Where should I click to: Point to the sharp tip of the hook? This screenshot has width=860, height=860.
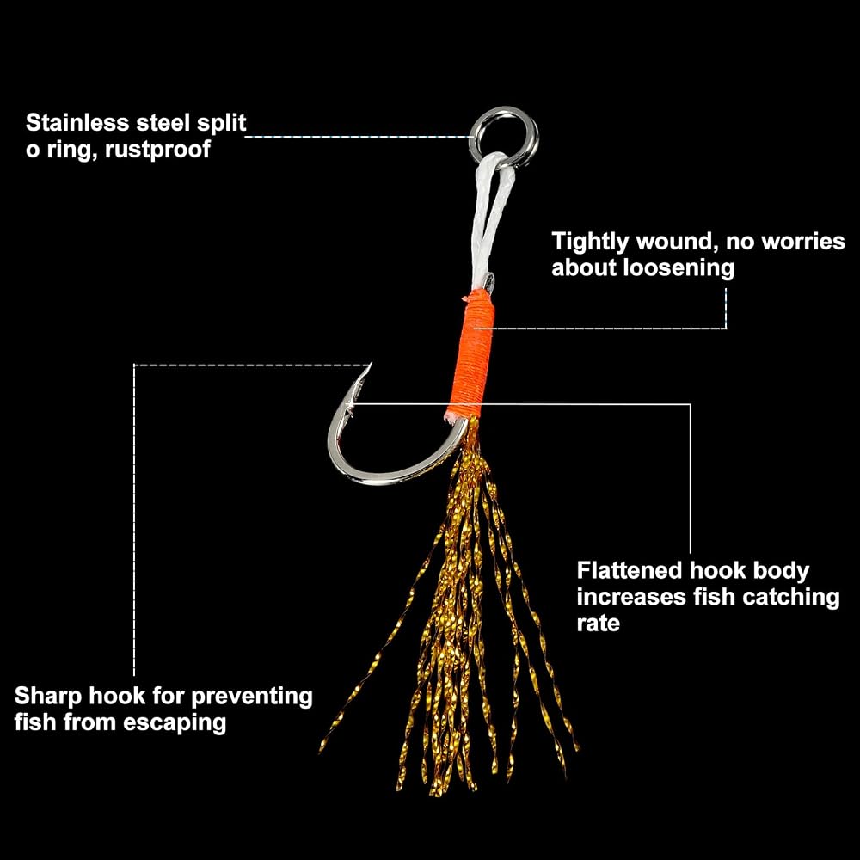point(371,364)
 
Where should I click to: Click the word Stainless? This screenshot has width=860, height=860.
point(77,123)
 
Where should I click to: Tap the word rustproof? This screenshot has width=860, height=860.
point(157,149)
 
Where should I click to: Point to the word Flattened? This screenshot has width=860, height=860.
point(630,570)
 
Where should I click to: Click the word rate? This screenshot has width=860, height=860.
point(598,623)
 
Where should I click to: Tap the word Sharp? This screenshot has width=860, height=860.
point(47,697)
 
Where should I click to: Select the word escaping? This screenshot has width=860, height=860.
point(175,723)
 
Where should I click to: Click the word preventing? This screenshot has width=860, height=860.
point(252,697)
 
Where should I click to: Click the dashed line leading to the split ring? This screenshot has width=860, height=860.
point(357,136)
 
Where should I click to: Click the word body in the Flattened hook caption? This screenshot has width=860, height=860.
point(781,572)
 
